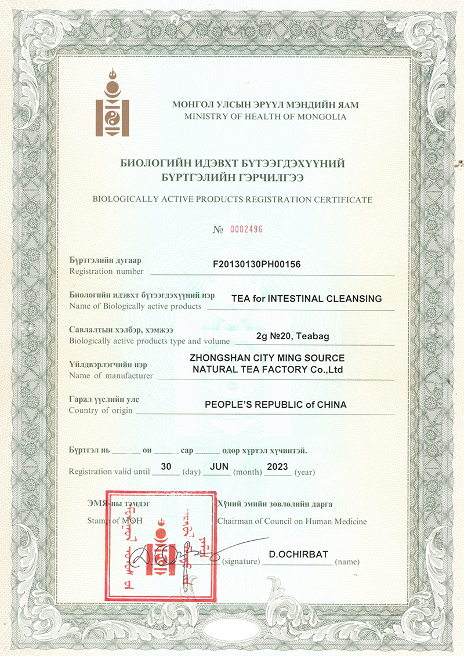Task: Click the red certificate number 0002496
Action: click(x=246, y=229)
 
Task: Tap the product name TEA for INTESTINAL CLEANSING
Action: click(x=306, y=299)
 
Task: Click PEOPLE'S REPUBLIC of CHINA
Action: click(x=275, y=405)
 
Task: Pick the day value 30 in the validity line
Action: click(x=166, y=466)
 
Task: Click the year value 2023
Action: click(x=278, y=466)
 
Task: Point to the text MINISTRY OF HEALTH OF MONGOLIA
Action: click(x=265, y=117)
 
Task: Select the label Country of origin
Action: click(x=100, y=411)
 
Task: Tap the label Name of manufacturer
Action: click(x=111, y=376)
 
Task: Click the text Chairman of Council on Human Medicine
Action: click(x=292, y=521)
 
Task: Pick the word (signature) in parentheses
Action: click(x=241, y=562)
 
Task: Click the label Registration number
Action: click(x=106, y=271)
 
